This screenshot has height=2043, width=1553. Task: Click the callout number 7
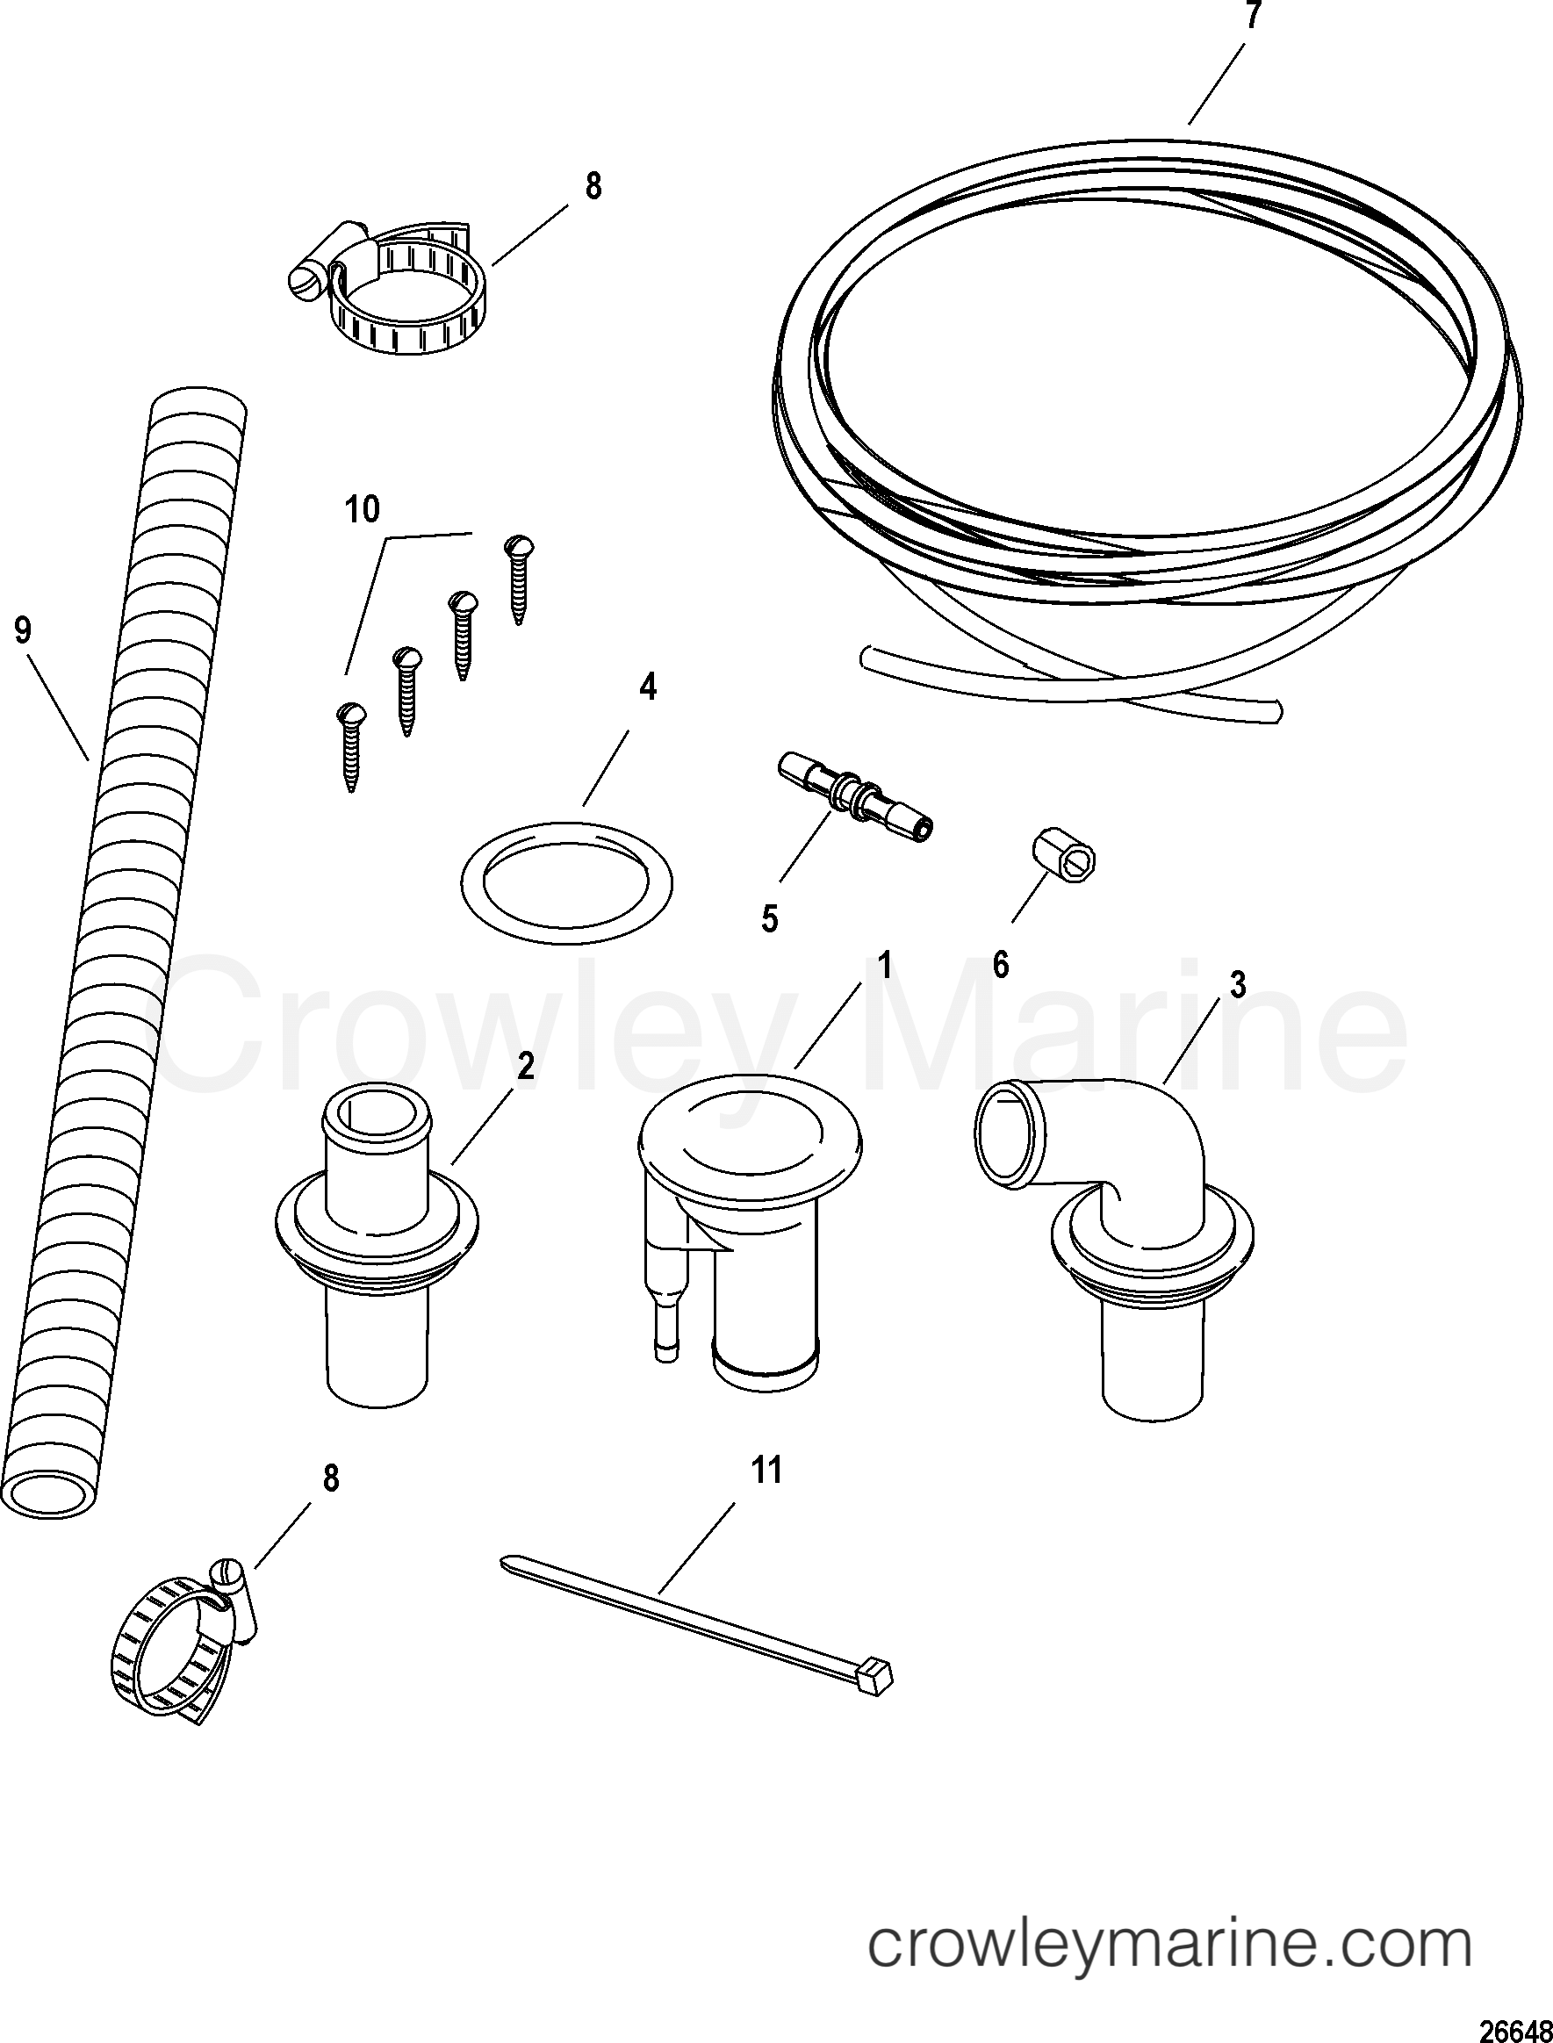tap(1252, 16)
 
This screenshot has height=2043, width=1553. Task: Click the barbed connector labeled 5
tap(855, 796)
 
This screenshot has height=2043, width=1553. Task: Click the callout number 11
tap(766, 1470)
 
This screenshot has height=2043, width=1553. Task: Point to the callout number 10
tap(363, 509)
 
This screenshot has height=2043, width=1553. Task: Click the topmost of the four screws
tap(519, 578)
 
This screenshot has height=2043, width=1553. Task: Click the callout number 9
tap(23, 630)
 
